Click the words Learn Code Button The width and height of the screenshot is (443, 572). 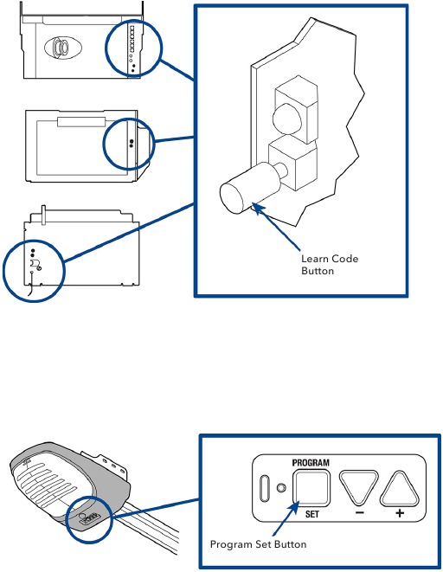pyautogui.click(x=329, y=265)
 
